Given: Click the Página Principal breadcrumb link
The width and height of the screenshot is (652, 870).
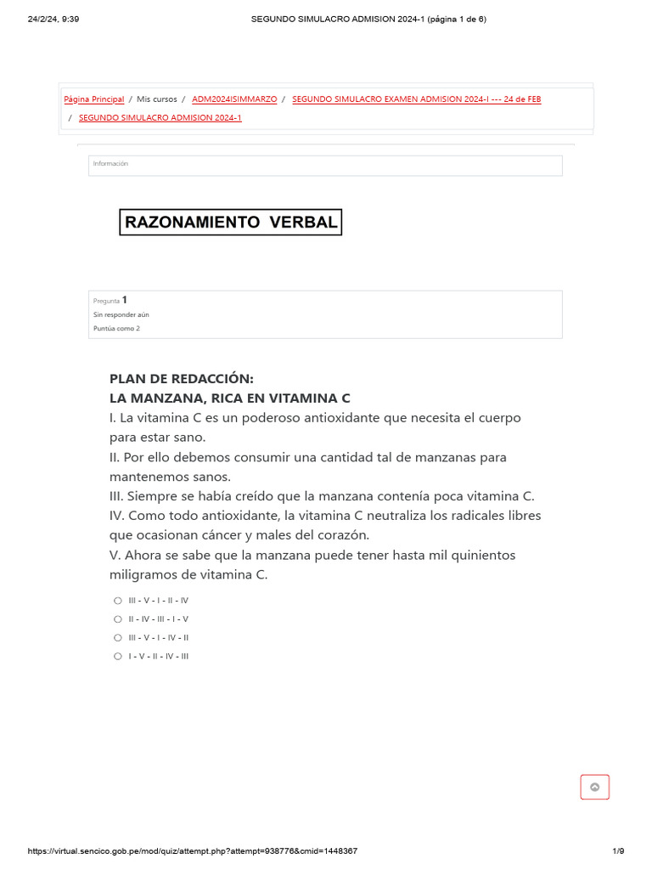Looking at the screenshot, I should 94,99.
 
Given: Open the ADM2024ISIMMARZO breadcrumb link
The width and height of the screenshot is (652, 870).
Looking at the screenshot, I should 234,99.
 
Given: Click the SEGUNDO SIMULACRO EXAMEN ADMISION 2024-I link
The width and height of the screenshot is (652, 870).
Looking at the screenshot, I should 416,99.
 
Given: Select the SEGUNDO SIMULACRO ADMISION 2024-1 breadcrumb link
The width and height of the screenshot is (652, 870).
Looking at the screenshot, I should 160,118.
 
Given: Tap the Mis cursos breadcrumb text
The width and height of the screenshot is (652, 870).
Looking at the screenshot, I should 157,99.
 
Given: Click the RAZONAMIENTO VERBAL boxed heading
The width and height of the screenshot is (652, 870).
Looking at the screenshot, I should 230,223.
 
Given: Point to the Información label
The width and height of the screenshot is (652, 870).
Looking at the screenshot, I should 110,164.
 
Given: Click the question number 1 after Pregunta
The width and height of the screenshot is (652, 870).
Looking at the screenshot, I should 125,300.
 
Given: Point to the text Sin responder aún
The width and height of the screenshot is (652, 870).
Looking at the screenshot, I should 121,314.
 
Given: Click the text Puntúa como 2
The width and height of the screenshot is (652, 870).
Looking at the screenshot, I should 116,328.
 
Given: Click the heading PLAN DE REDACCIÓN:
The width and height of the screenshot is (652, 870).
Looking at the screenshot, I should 182,379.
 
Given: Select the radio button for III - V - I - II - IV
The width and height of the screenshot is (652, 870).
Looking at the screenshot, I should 118,600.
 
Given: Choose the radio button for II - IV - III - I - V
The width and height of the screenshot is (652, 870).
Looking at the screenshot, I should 118,619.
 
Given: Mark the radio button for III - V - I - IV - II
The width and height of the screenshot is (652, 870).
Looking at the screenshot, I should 118,637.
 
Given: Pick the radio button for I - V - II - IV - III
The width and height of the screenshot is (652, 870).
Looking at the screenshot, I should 118,656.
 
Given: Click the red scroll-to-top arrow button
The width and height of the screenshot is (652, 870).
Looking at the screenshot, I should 594,788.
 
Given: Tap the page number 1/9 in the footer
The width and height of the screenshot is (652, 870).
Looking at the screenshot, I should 618,851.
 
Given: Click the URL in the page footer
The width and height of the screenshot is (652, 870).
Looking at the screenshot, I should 193,851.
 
